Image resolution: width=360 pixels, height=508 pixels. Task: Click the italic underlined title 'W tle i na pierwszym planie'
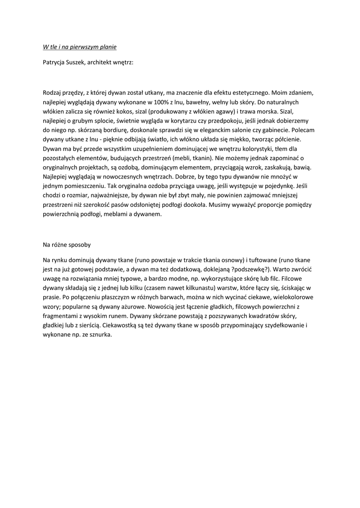coord(79,47)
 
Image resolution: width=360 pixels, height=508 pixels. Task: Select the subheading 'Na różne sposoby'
coord(67,245)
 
